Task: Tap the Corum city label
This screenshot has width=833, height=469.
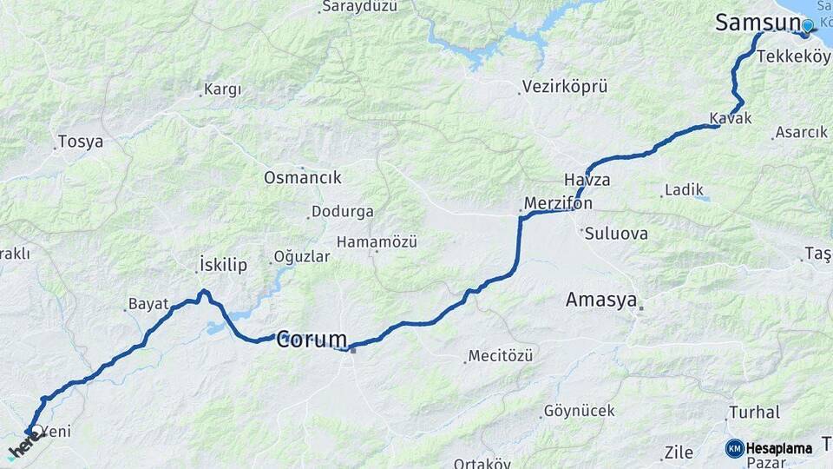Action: pos(312,340)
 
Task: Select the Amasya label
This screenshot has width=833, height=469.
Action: pos(601,300)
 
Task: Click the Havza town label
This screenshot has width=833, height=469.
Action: pos(587,180)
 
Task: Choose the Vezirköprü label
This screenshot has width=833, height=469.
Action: pos(565,87)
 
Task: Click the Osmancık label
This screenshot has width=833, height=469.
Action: pos(303,177)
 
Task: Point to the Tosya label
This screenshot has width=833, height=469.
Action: pos(80,141)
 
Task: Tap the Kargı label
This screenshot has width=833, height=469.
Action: pos(222,89)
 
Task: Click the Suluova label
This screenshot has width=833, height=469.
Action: pos(616,233)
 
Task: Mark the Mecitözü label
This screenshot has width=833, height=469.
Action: pos(501,355)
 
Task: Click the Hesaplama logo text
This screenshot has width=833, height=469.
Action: pos(779,448)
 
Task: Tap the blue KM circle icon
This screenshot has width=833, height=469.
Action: pos(735,448)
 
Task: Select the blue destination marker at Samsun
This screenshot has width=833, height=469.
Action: pos(808,25)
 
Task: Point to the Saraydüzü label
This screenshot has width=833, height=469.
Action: pos(358,7)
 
